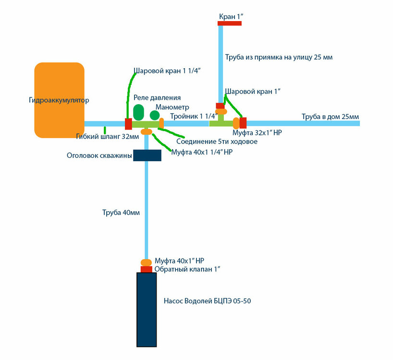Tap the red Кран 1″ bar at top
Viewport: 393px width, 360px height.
click(229, 23)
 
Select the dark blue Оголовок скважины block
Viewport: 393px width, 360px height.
click(147, 156)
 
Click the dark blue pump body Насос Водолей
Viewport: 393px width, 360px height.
click(147, 309)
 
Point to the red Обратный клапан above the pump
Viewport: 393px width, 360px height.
click(147, 269)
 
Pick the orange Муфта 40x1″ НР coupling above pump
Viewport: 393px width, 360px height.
click(146, 262)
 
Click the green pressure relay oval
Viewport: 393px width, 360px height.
click(138, 112)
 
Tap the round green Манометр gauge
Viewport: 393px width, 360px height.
click(154, 115)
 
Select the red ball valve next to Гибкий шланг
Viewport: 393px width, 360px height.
click(128, 124)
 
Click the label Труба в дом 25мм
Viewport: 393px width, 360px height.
click(330, 117)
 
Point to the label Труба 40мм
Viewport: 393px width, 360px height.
click(118, 212)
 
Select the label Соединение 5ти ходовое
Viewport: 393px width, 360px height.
click(217, 142)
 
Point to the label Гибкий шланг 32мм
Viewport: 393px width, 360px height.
click(108, 136)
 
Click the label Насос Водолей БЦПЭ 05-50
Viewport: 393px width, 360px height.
click(207, 301)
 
